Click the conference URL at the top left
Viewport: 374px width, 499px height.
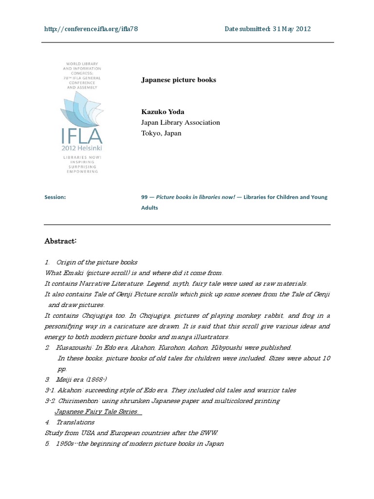coord(91,29)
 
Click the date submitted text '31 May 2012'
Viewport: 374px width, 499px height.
coord(291,29)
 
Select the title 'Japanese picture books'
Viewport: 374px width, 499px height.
coord(178,80)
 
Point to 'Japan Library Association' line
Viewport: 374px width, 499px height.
coord(180,123)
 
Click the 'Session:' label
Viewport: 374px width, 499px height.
coord(55,197)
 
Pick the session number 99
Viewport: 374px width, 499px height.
coord(144,197)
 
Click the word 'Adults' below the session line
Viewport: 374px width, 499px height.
coord(150,208)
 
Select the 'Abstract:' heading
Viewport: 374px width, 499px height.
coord(61,241)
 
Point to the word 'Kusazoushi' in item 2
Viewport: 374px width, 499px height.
coord(74,347)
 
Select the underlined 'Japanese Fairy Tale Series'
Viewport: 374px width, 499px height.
coord(96,412)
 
